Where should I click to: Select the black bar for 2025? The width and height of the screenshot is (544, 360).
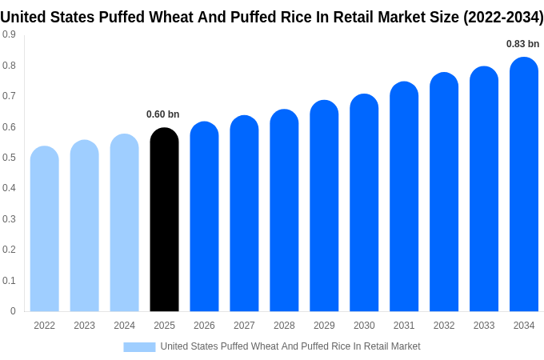[164, 220]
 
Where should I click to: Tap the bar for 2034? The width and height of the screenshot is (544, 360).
[524, 185]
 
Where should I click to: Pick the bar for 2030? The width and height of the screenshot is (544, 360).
[364, 203]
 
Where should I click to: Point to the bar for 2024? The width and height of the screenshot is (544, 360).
[125, 223]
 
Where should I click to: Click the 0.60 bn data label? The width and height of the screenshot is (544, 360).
[163, 114]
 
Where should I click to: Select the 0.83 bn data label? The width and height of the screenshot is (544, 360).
[523, 44]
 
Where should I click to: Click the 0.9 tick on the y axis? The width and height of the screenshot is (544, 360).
[9, 34]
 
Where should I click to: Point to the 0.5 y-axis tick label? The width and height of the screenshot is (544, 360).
[9, 158]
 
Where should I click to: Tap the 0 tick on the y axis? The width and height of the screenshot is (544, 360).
[13, 311]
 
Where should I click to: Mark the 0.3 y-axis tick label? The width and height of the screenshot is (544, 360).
[9, 219]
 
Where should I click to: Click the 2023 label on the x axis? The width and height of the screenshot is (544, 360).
[85, 326]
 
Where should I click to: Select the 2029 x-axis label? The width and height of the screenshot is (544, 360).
[324, 326]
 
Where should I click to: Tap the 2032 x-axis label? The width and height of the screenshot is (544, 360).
[444, 326]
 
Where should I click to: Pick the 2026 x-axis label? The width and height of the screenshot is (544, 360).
[204, 326]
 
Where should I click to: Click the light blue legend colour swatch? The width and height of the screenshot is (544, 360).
[139, 346]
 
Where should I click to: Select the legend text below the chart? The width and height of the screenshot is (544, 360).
[290, 346]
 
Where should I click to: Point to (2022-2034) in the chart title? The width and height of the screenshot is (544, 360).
[503, 18]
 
